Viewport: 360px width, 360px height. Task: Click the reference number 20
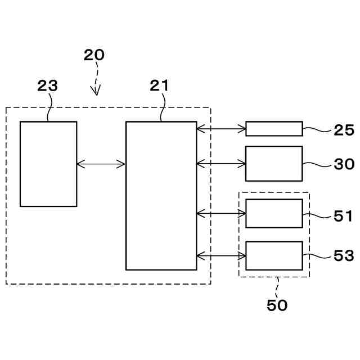(94, 55)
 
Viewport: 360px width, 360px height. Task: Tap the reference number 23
(48, 86)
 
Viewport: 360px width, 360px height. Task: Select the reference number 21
(159, 86)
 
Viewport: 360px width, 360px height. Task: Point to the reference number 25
(344, 131)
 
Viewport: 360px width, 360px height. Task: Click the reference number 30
(344, 164)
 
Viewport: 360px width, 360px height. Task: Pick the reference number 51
(343, 216)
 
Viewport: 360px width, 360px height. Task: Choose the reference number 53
(344, 256)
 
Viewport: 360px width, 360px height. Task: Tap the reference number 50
(277, 305)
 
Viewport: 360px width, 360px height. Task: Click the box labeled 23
(48, 164)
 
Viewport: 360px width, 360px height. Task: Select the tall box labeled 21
(161, 195)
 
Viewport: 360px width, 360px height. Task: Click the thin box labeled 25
(274, 129)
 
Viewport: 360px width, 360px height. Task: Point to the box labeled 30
(274, 164)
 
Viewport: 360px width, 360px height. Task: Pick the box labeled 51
(274, 213)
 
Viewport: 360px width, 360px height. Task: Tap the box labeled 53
(274, 256)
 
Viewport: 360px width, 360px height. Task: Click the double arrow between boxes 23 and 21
(101, 164)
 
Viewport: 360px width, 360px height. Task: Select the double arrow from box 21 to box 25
(221, 129)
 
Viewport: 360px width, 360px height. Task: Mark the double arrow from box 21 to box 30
(221, 164)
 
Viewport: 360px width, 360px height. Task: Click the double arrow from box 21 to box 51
(221, 213)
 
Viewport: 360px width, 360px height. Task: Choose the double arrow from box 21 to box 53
(221, 256)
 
